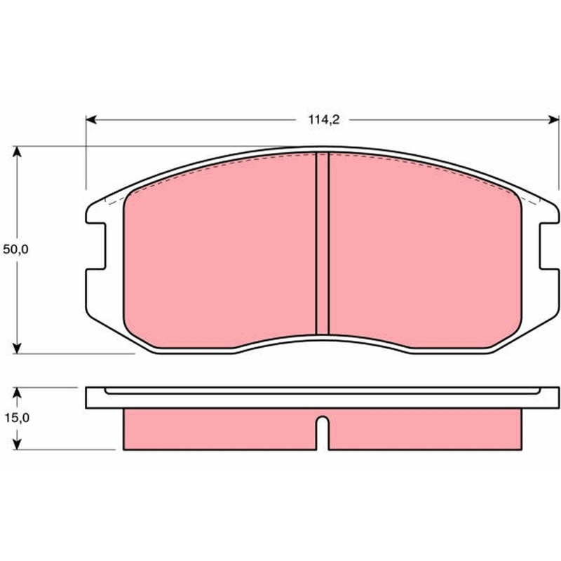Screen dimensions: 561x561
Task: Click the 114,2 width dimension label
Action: point(324,120)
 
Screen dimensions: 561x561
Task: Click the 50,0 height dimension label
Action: point(15,250)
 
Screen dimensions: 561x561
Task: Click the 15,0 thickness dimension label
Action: point(17,417)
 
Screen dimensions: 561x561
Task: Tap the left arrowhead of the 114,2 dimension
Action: point(91,119)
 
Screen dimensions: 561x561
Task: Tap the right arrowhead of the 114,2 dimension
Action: point(553,119)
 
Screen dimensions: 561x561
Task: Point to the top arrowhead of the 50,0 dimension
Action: point(17,151)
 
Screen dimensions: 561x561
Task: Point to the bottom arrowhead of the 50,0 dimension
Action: point(17,348)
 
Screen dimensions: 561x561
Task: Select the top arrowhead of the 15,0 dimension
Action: point(17,393)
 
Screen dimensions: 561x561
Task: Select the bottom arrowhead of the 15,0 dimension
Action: point(17,445)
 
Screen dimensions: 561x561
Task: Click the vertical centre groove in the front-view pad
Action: point(323,243)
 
